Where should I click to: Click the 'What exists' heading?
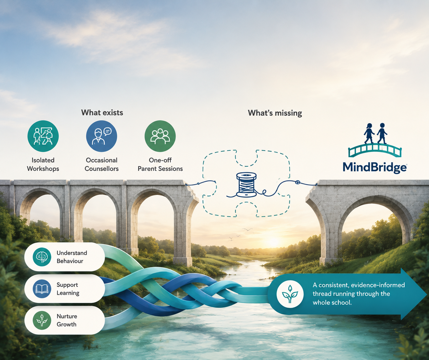(x=102, y=112)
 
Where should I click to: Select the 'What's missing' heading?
(x=275, y=113)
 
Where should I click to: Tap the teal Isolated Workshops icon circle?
(x=43, y=136)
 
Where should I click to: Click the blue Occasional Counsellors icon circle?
(x=102, y=136)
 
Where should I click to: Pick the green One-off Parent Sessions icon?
(x=160, y=136)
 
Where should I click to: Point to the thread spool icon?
(x=246, y=185)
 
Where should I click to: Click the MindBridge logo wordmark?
(x=375, y=168)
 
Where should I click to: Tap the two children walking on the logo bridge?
(x=375, y=133)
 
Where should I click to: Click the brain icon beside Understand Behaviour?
(x=42, y=257)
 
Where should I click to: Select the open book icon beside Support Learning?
(x=42, y=289)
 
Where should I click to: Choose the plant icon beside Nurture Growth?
(x=42, y=320)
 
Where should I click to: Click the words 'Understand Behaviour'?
(x=72, y=257)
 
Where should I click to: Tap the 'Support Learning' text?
(x=68, y=289)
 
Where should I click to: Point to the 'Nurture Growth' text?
(x=67, y=320)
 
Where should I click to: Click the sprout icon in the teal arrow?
(x=290, y=294)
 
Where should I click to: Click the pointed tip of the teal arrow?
(x=426, y=294)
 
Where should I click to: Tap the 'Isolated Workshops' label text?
(x=43, y=164)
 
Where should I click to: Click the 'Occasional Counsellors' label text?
(x=102, y=164)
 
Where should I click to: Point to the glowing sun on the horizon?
(x=274, y=242)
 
